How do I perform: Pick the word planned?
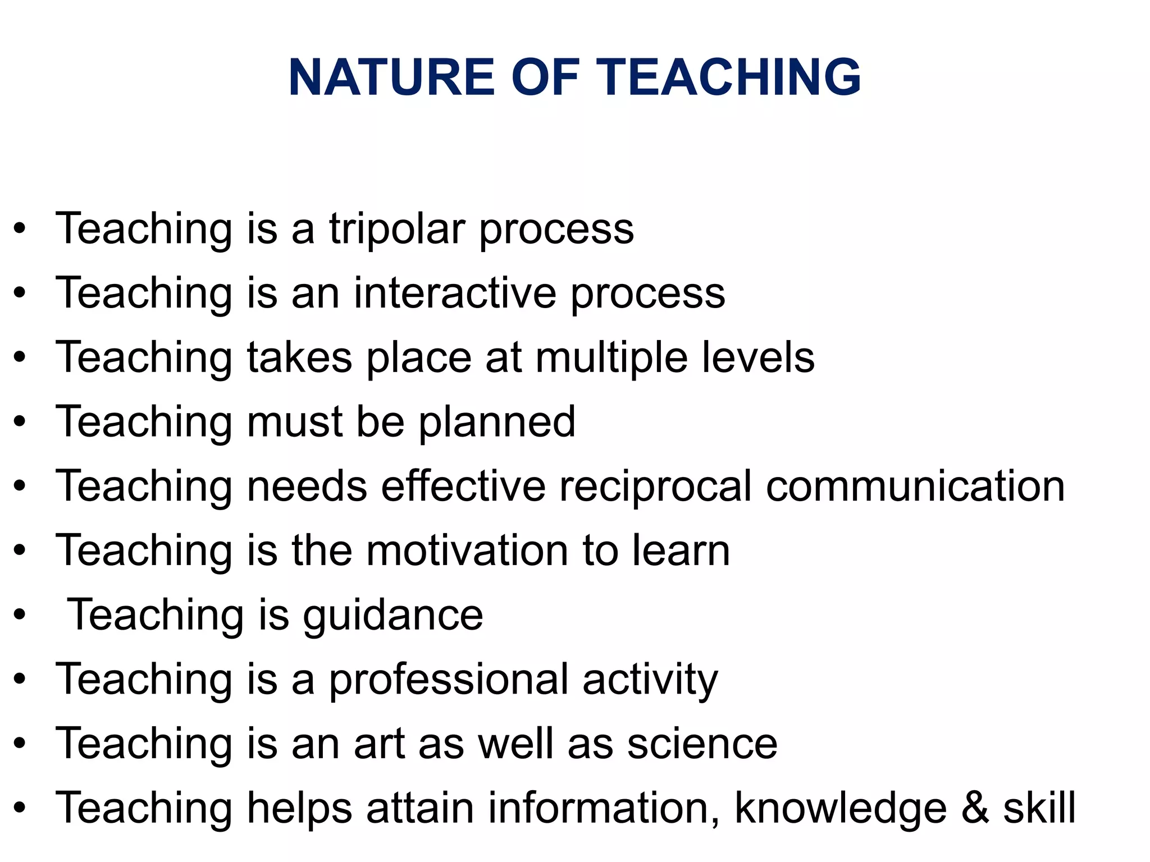497,422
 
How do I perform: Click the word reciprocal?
655,486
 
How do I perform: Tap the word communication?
915,486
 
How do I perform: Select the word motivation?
467,551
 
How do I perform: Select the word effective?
463,486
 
